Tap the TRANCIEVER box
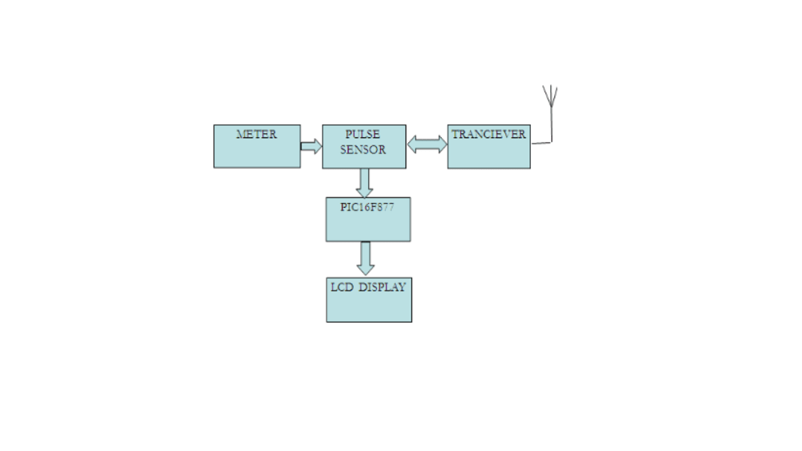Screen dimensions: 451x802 (488, 154)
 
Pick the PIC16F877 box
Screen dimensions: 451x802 (367, 225)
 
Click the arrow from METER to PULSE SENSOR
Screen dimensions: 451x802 (311, 146)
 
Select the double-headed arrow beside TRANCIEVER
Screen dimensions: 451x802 (427, 144)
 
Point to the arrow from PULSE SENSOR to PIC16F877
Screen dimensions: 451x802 (365, 183)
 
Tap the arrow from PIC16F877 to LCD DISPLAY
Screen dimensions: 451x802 (366, 258)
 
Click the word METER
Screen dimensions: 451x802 (257, 135)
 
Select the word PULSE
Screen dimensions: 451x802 (363, 135)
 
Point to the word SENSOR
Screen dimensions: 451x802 (363, 150)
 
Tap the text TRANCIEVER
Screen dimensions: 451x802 (488, 135)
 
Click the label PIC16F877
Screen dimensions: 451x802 (367, 206)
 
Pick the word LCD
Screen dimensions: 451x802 (342, 287)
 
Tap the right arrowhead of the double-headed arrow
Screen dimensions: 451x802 (441, 144)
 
